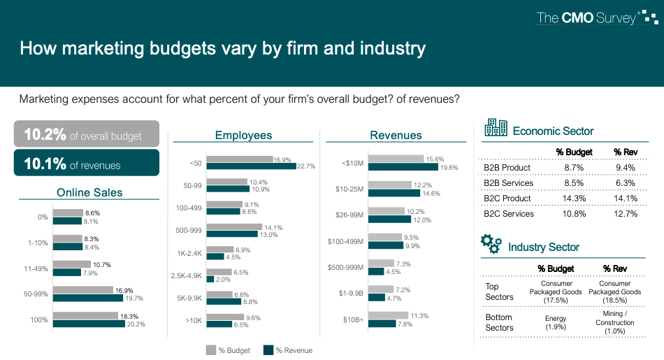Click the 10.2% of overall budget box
pyautogui.click(x=86, y=135)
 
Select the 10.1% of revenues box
pyautogui.click(x=86, y=164)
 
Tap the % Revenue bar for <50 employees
pyautogui.click(x=250, y=166)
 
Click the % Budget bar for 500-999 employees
pyautogui.click(x=234, y=227)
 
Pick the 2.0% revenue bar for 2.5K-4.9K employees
pyautogui.click(x=210, y=280)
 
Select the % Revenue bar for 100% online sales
pyautogui.click(x=89, y=324)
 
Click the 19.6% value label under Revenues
pyautogui.click(x=449, y=168)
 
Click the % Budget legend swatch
pyautogui.click(x=210, y=350)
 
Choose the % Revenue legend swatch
pyautogui.click(x=267, y=350)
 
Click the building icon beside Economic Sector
pyautogui.click(x=496, y=128)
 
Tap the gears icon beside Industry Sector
pyautogui.click(x=491, y=244)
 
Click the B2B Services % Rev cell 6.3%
pyautogui.click(x=625, y=183)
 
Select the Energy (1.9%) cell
pyautogui.click(x=556, y=323)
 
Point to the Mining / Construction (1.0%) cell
pyautogui.click(x=615, y=323)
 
